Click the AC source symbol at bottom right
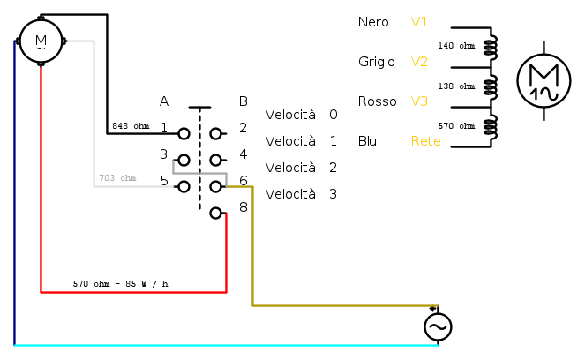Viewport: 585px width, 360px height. [438, 326]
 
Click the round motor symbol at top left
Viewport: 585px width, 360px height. [41, 41]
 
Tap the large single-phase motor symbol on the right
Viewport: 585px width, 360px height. [544, 81]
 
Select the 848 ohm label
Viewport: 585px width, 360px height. [131, 126]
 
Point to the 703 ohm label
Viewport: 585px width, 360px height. [117, 178]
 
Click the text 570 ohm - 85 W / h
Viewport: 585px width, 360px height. [120, 284]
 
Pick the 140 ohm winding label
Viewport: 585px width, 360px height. [456, 45]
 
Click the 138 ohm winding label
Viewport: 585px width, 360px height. [456, 86]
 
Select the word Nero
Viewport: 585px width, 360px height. [373, 22]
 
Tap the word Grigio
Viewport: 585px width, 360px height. [377, 62]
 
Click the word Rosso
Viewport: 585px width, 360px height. [377, 101]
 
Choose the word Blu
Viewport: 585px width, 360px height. [368, 141]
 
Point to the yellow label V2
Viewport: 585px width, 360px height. [419, 62]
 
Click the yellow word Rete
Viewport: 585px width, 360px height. [426, 141]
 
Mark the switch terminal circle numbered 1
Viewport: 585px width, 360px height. [184, 134]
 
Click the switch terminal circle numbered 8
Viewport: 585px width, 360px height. [215, 213]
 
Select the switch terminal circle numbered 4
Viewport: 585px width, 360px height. [215, 161]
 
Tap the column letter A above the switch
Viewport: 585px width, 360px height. [164, 101]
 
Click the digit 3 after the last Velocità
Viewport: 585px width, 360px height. [333, 194]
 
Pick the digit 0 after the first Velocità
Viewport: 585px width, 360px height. [333, 115]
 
